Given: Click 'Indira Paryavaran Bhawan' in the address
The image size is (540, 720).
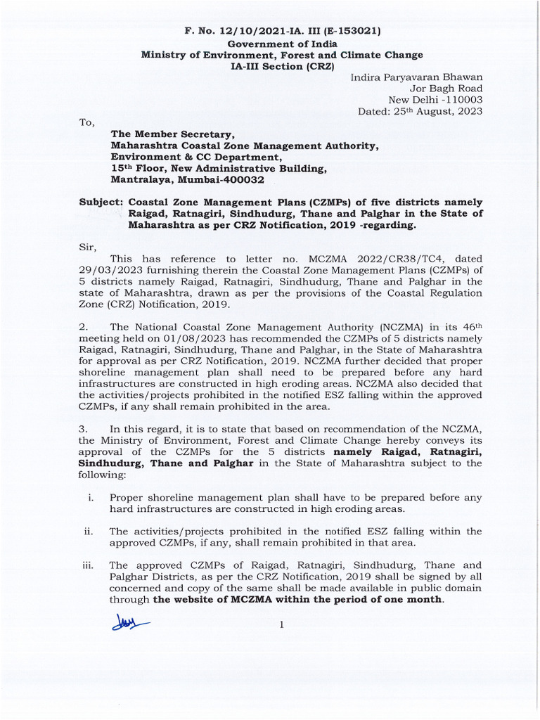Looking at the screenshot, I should (416, 77).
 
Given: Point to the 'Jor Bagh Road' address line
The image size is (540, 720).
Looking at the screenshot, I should (447, 89).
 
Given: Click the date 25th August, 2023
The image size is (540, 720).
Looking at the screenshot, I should (437, 111).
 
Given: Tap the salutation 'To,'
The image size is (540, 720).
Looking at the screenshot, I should (86, 122).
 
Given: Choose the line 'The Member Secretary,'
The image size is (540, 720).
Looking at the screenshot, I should (172, 134).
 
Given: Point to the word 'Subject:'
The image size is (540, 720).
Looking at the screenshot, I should (101, 202).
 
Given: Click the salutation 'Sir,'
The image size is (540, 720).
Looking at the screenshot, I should (87, 247).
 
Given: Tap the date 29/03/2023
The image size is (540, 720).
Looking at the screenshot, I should (105, 270).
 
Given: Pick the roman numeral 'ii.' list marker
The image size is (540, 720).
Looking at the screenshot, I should (88, 531).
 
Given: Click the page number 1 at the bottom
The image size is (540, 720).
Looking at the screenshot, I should (281, 625).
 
